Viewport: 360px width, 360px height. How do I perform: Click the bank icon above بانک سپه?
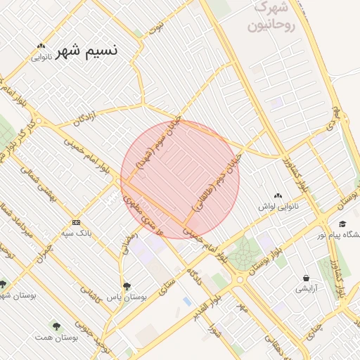pyautogui.click(x=75, y=222)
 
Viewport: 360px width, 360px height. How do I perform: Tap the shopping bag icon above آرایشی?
pyautogui.click(x=306, y=278)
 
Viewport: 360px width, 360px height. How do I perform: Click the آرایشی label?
pyautogui.click(x=307, y=289)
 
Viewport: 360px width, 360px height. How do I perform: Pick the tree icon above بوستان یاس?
pyautogui.click(x=127, y=286)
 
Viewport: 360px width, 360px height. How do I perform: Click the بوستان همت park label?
pyautogui.click(x=56, y=338)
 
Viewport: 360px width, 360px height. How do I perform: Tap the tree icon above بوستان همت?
pyautogui.click(x=56, y=327)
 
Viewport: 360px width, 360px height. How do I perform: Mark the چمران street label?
pyautogui.click(x=43, y=249)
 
